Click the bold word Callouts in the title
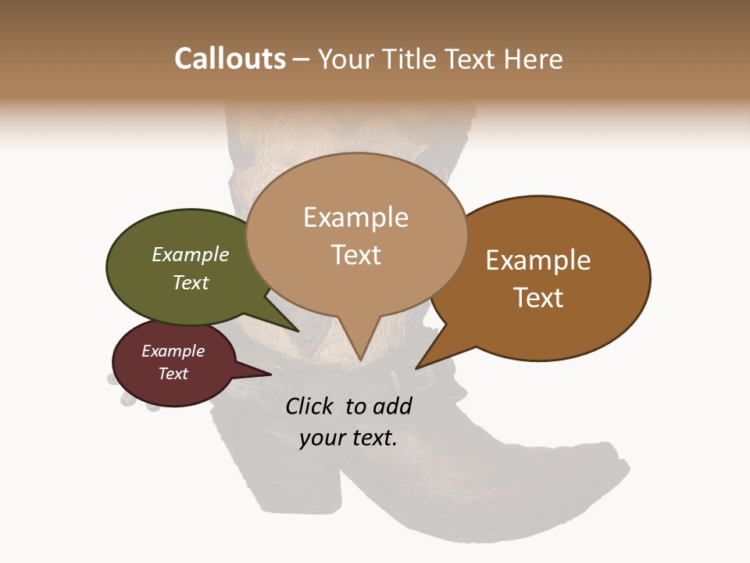pos(230,59)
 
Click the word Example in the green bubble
pos(191,254)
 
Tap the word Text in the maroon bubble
pos(173,374)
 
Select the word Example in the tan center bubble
pos(355,217)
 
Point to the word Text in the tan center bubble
pos(356,255)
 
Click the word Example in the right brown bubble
pos(538,260)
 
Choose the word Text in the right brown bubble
pos(538,298)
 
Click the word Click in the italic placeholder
pos(309,406)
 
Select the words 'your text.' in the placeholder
pos(348,438)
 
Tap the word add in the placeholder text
pos(392,406)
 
